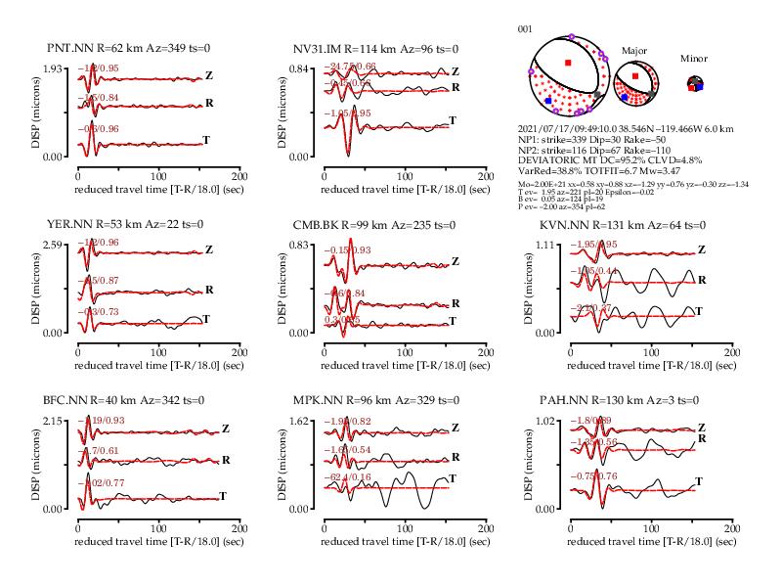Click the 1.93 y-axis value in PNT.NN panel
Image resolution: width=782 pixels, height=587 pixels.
[51, 68]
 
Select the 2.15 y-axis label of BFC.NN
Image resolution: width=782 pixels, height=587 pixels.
[51, 420]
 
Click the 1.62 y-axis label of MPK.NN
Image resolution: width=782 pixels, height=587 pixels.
[297, 420]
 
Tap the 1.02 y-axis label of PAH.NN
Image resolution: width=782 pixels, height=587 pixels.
[543, 420]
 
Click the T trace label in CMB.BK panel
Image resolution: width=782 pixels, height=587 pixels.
[452, 321]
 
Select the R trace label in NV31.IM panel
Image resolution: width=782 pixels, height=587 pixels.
[456, 88]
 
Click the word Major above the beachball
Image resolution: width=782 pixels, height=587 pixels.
[634, 50]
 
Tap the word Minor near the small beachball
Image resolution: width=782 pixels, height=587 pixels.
[694, 59]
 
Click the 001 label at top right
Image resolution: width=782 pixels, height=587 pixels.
[525, 29]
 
